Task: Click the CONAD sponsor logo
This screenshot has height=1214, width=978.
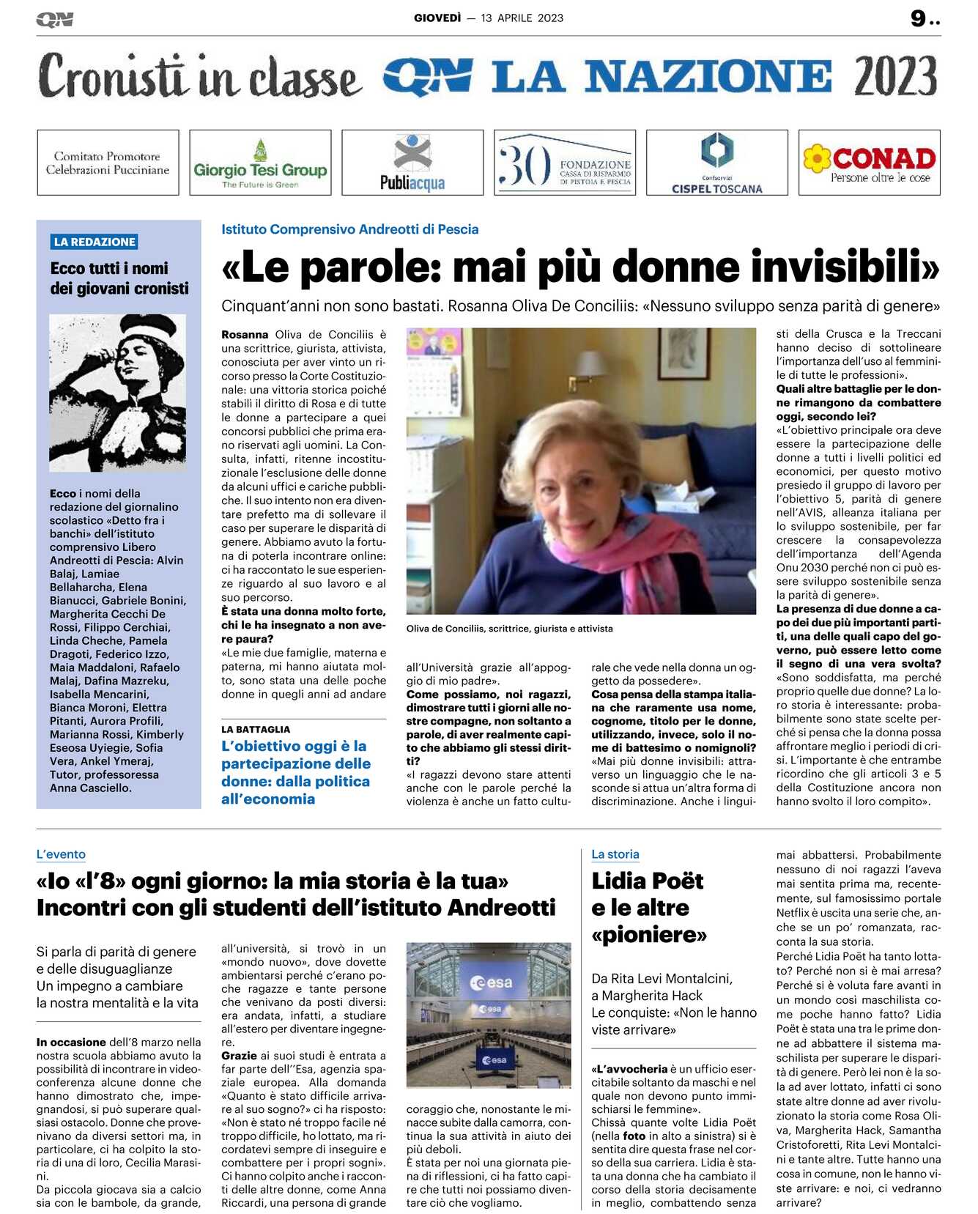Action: point(869,163)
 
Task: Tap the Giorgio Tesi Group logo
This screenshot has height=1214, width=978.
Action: point(260,163)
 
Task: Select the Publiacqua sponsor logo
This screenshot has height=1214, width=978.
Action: point(412,163)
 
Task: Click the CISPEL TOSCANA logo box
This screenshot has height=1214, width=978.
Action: point(716,163)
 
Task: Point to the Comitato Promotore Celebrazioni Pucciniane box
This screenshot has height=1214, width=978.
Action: point(108,163)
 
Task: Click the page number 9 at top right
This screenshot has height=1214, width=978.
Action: point(918,18)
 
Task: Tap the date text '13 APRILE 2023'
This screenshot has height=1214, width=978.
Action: point(522,18)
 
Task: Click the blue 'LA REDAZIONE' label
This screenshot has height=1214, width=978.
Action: point(95,242)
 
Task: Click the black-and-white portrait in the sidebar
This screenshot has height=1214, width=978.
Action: point(117,392)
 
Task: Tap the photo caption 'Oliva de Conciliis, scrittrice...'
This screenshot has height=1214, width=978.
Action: point(509,629)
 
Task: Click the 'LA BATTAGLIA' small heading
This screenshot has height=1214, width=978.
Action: point(256,729)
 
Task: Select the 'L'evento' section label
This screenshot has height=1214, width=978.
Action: point(61,854)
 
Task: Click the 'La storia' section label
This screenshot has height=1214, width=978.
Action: point(615,854)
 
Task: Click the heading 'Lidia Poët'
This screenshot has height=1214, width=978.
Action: point(648,881)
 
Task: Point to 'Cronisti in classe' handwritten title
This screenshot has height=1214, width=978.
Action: point(199,77)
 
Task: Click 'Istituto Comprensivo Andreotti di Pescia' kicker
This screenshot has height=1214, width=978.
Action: point(349,229)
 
